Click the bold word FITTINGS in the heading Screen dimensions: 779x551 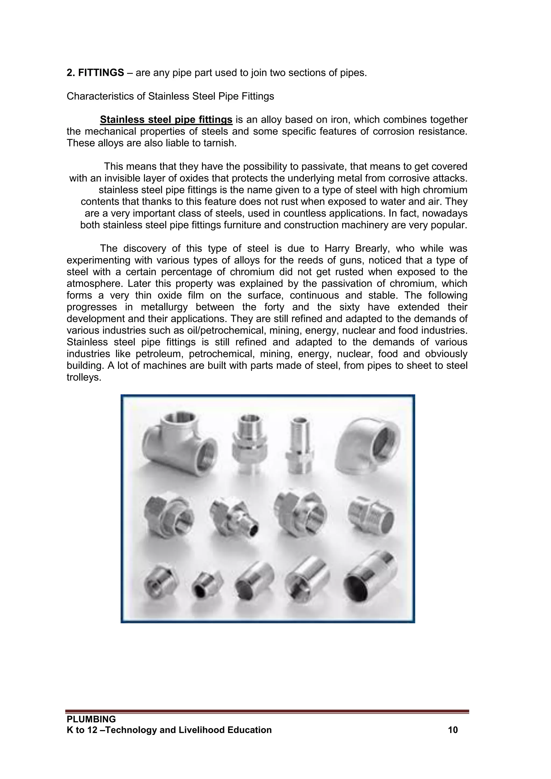pos(101,73)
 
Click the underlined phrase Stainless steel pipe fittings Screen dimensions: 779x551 pos(166,120)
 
